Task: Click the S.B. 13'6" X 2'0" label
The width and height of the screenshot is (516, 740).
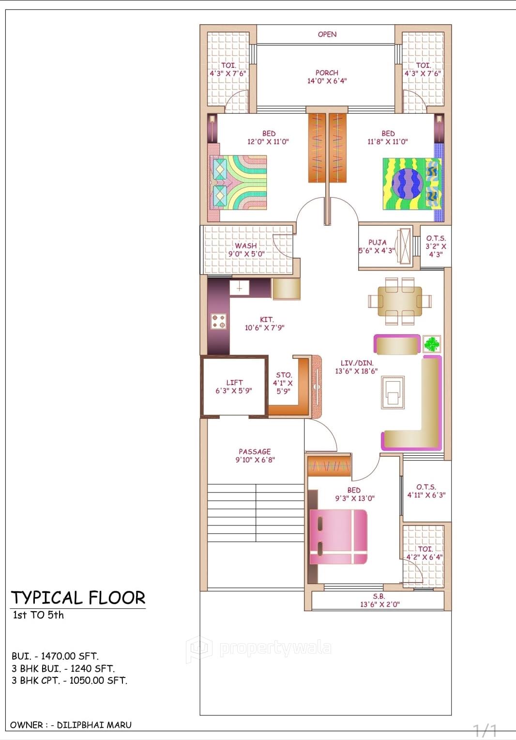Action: [379, 601]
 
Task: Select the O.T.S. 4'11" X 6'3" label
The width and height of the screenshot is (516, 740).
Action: [426, 491]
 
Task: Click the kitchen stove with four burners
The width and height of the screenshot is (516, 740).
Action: [218, 321]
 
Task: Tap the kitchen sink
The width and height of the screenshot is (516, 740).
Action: [239, 288]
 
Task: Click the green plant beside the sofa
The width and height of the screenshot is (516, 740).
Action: [432, 344]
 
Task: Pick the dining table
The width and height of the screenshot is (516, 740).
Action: [399, 301]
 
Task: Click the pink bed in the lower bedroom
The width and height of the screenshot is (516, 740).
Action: [338, 537]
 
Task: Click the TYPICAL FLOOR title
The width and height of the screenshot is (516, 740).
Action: [78, 598]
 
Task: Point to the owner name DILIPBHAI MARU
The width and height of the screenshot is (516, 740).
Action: [94, 725]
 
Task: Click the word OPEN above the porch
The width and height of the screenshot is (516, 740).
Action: [327, 34]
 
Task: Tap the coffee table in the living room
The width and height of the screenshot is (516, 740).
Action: [393, 393]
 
